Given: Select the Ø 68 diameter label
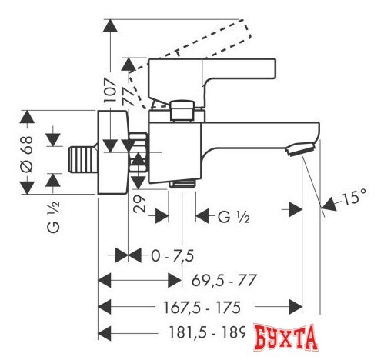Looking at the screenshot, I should point(25,157).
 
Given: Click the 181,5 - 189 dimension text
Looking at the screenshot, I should point(205,333).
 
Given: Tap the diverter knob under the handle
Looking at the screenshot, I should point(182,111).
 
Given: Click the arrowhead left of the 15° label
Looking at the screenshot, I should point(329,203).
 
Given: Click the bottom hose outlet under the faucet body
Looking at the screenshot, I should point(182,184).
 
